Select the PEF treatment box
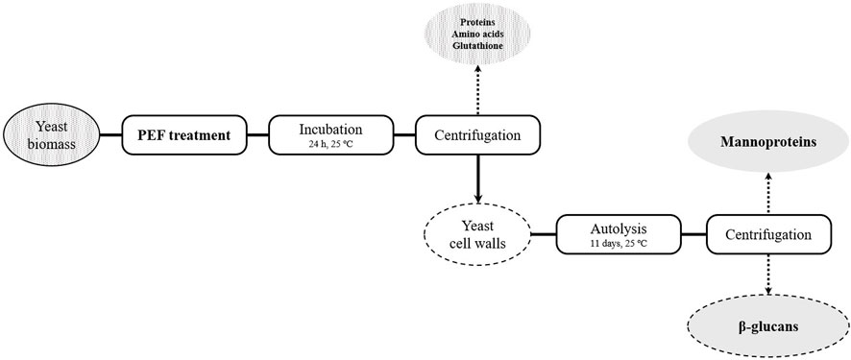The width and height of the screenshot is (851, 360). (x=183, y=135)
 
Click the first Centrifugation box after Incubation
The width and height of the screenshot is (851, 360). (x=478, y=135)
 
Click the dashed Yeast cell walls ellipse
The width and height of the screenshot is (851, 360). (x=477, y=233)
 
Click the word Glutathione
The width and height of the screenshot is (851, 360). (x=477, y=45)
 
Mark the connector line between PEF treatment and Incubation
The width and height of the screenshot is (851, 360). (x=255, y=135)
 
